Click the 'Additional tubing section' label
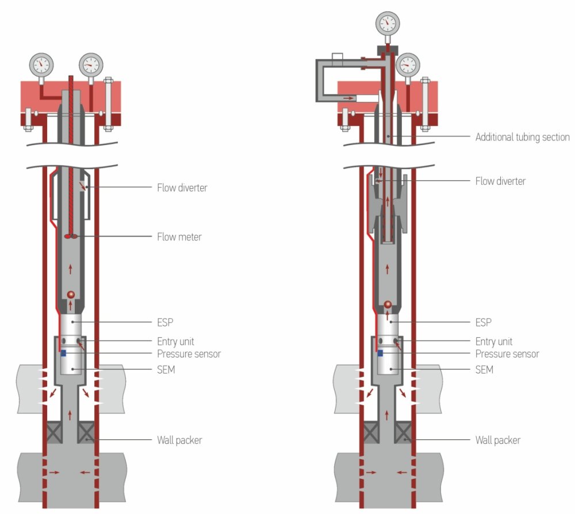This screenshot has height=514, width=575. click(x=522, y=137)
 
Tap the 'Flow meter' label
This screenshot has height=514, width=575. click(x=179, y=237)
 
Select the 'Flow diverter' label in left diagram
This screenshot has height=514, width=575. click(x=182, y=187)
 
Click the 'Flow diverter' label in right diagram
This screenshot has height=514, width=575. click(x=500, y=181)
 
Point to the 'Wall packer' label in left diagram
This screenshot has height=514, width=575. click(x=179, y=440)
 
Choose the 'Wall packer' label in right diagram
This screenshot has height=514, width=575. click(x=497, y=440)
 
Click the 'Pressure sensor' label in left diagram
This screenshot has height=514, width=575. click(x=189, y=353)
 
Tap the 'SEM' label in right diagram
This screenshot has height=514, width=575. click(x=484, y=370)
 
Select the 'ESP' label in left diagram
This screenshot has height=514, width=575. click(x=166, y=322)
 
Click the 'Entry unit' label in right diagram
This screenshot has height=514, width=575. click(x=493, y=341)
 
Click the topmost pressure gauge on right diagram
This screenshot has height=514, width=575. click(x=388, y=23)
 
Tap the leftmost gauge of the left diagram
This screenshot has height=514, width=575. click(x=42, y=64)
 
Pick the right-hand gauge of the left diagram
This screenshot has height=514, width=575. click(x=91, y=64)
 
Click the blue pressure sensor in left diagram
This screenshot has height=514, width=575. click(x=63, y=353)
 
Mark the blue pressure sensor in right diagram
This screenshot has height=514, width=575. click(x=381, y=352)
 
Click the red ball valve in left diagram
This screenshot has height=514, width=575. click(x=71, y=295)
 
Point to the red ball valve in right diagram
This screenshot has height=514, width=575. click(x=388, y=304)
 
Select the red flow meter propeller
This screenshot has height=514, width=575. click(x=71, y=236)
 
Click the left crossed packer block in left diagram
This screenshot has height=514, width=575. click(x=55, y=432)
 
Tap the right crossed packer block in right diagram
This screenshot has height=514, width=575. click(x=403, y=432)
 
